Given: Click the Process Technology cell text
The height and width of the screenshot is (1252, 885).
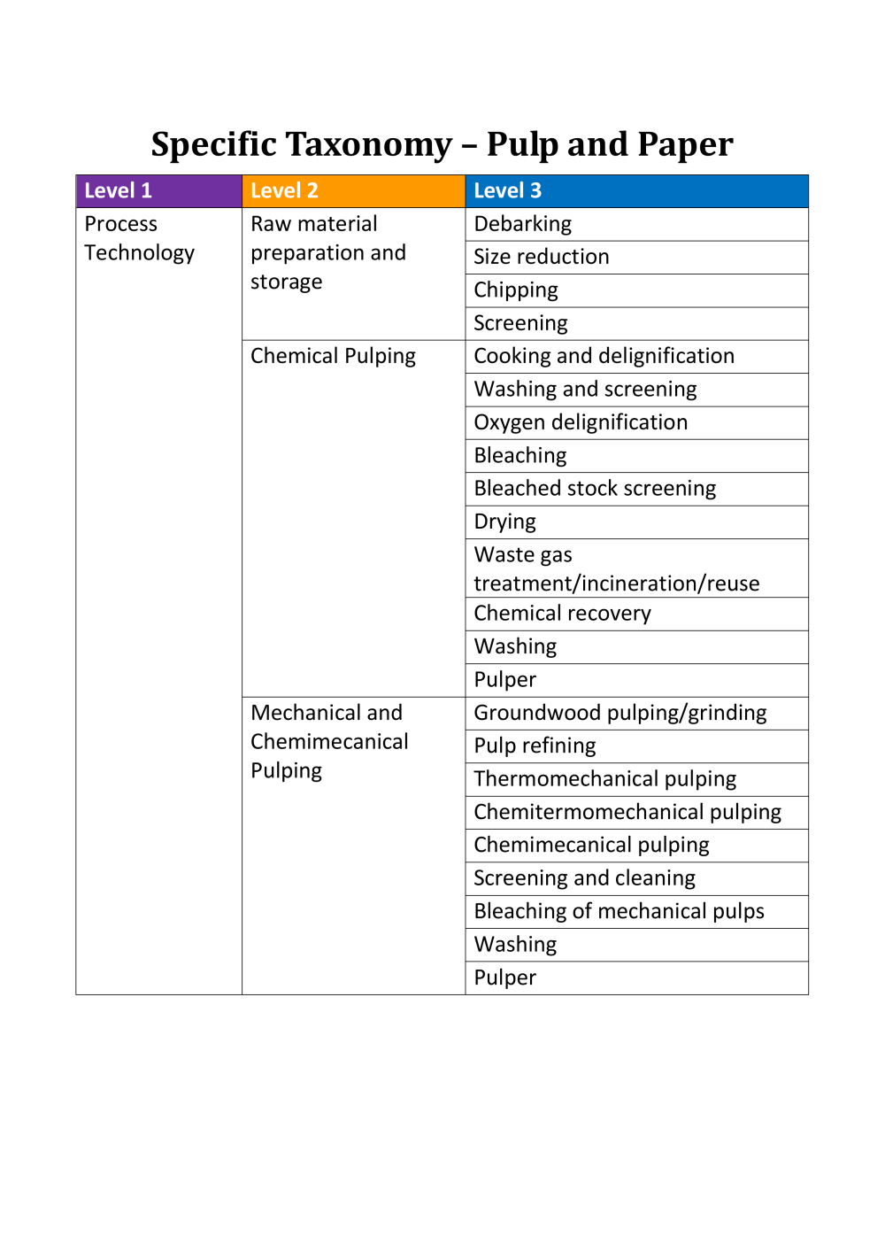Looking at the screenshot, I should click(139, 238).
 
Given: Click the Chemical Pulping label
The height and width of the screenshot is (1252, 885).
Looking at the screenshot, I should click(333, 356).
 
